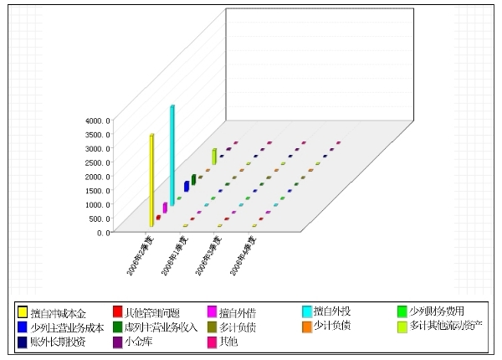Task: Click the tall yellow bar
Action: (151, 180)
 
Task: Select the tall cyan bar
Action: (172, 155)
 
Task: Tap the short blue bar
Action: (187, 186)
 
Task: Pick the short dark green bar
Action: (193, 179)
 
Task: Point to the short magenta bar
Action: (165, 208)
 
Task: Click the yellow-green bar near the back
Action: (214, 157)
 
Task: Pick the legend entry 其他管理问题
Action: (151, 312)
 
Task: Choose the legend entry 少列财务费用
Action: (440, 312)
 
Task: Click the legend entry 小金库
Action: (137, 342)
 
